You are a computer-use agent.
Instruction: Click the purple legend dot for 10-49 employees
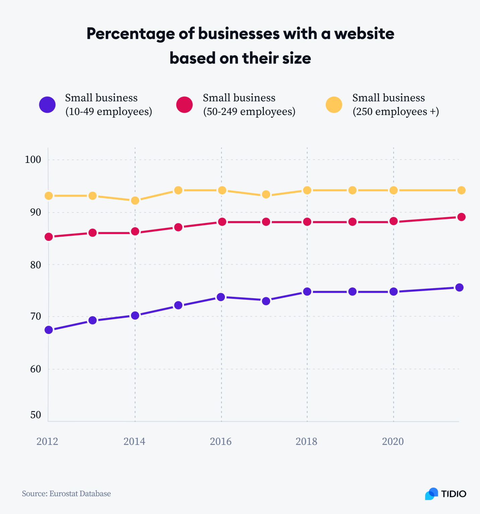pos(47,105)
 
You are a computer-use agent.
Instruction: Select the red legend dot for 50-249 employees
pos(184,105)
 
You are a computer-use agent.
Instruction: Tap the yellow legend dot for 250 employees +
pos(334,105)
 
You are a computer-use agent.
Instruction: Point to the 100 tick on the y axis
pos(33,160)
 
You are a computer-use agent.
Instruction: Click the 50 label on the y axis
pos(36,415)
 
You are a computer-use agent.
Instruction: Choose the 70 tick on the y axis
pos(36,316)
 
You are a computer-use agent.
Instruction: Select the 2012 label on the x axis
pos(47,441)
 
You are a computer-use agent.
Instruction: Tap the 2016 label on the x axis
pos(221,441)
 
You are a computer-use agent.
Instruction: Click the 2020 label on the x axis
pos(393,441)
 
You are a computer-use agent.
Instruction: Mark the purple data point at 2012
pos(49,330)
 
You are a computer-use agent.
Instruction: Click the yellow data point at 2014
pos(135,200)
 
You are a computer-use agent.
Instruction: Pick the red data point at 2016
pos(222,222)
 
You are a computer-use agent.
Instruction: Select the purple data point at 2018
pos(307,292)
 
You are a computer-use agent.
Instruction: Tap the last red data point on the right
pos(462,217)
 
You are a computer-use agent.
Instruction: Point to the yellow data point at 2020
pos(394,190)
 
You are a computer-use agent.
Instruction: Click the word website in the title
pos(364,33)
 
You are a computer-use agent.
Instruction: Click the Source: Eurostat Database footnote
pos(66,494)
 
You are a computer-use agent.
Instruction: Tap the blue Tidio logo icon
pos(432,494)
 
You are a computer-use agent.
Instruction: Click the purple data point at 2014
pos(135,316)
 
